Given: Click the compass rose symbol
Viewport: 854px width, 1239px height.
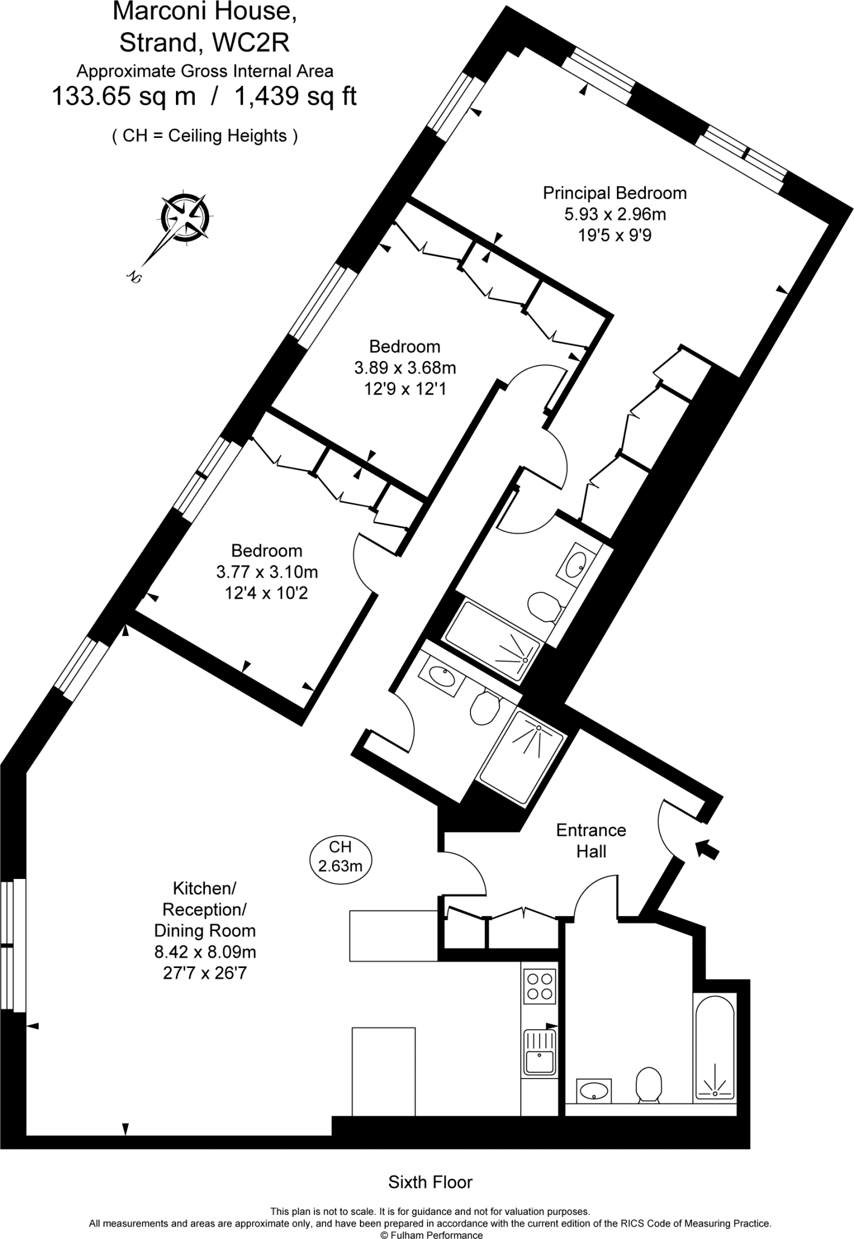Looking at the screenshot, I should (x=185, y=217).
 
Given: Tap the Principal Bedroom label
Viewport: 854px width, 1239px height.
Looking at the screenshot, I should (x=614, y=193).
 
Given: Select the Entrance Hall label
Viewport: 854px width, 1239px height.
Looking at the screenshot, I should (x=591, y=840).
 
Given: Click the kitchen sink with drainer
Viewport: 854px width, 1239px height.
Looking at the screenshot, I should (x=539, y=1053).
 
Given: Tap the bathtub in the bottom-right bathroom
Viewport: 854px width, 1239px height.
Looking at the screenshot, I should (x=715, y=1047).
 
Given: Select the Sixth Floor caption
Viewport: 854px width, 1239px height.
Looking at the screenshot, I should (x=430, y=1182).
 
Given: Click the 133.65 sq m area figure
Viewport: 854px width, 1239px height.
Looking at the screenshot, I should (x=124, y=96).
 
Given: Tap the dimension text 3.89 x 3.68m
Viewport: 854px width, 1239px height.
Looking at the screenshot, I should (x=405, y=368).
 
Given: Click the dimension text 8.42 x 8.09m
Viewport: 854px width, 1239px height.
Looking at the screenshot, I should (x=205, y=952).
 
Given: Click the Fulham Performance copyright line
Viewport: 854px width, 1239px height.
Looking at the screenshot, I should (x=431, y=1234).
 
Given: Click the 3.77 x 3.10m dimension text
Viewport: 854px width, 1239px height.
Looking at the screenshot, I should (x=267, y=572).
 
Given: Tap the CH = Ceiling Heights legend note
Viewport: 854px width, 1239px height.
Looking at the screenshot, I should (x=204, y=136).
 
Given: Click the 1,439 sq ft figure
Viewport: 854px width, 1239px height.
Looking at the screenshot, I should (x=295, y=96).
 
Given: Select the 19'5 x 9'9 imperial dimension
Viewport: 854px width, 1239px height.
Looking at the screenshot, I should (x=614, y=235).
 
